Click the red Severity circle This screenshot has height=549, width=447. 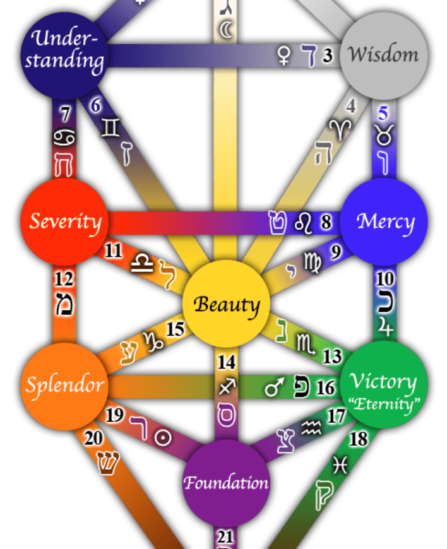tap(66, 221)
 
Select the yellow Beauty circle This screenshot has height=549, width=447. tap(226, 304)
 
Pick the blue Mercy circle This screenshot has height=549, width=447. tap(385, 221)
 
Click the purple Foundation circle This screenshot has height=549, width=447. tap(226, 483)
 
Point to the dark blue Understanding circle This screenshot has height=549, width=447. tap(66, 53)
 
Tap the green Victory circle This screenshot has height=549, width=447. tap(384, 385)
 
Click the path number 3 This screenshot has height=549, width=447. tap(328, 56)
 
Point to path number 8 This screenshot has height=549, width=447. tap(326, 222)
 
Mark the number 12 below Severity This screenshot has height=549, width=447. tap(64, 279)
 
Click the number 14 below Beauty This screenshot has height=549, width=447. tap(226, 362)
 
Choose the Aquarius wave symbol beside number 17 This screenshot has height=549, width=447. tap(311, 430)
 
